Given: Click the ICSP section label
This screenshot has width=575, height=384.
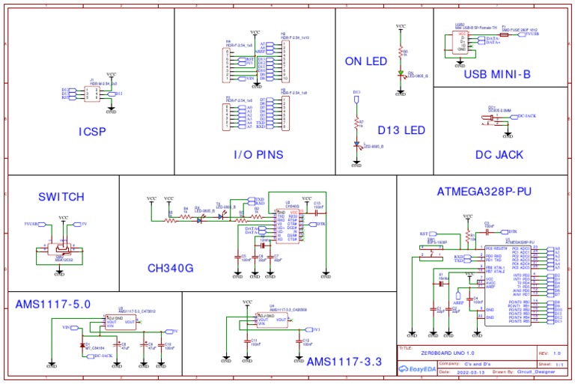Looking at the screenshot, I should (x=92, y=132).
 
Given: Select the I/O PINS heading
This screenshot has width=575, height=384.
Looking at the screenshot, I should (x=258, y=155).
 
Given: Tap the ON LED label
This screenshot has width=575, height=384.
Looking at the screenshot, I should (x=365, y=61).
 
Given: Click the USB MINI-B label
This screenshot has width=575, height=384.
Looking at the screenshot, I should (x=496, y=74).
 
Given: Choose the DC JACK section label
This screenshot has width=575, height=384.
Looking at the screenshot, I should (x=499, y=155).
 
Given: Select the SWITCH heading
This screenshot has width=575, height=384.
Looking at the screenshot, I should (x=61, y=197).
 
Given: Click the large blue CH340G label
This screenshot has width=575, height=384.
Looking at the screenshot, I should (x=170, y=268).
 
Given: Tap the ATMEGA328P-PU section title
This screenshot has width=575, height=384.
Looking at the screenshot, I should (x=484, y=192).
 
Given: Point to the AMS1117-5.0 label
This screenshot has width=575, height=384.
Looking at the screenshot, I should (x=53, y=304).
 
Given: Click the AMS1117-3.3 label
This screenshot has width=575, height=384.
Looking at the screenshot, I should (x=344, y=362).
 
